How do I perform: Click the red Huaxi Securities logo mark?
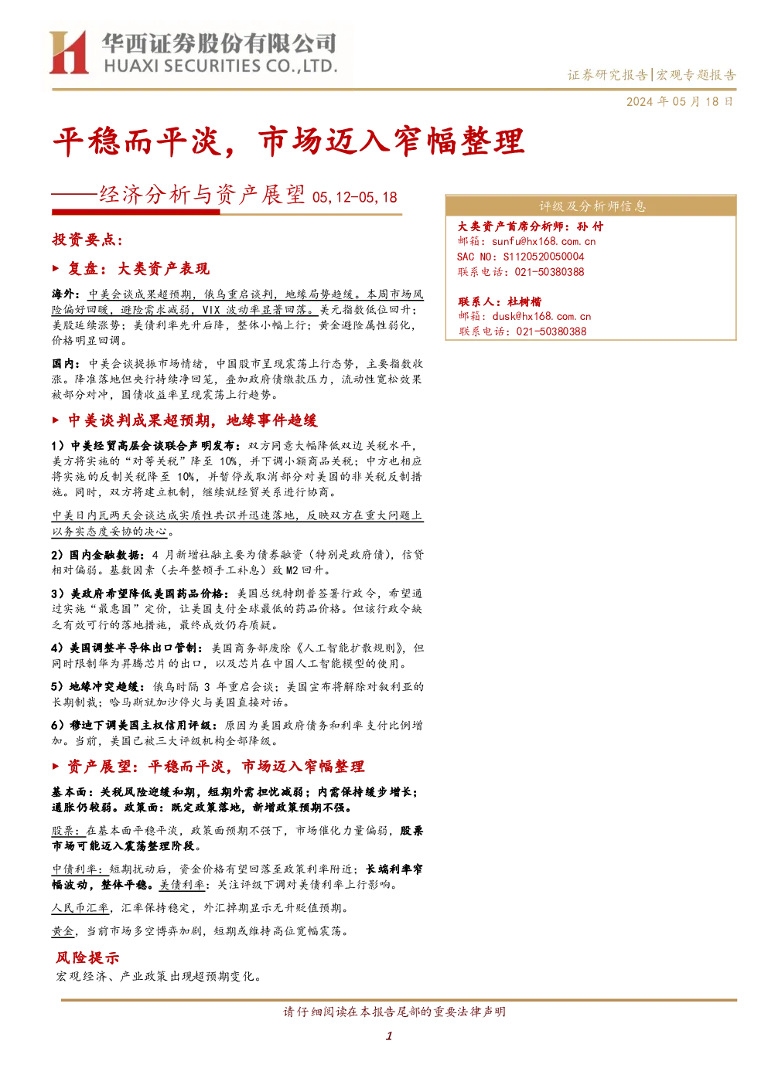point(69,53)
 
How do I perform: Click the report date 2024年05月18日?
point(679,102)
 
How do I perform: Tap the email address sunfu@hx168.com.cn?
point(544,241)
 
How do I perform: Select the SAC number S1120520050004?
point(544,257)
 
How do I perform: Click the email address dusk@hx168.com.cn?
point(541,316)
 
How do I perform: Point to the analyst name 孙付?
point(590,226)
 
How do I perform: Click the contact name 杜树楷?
point(524,301)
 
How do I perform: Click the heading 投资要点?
point(87,240)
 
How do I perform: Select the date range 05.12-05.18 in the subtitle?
point(354,197)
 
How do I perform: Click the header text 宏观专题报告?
point(696,75)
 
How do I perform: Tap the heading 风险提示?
point(87,957)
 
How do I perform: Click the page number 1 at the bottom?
point(388,1036)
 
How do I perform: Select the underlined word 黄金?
point(63,931)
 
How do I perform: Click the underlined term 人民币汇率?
point(80,908)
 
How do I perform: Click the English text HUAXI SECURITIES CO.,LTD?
point(220,66)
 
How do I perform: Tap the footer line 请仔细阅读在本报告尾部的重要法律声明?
point(394,1012)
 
